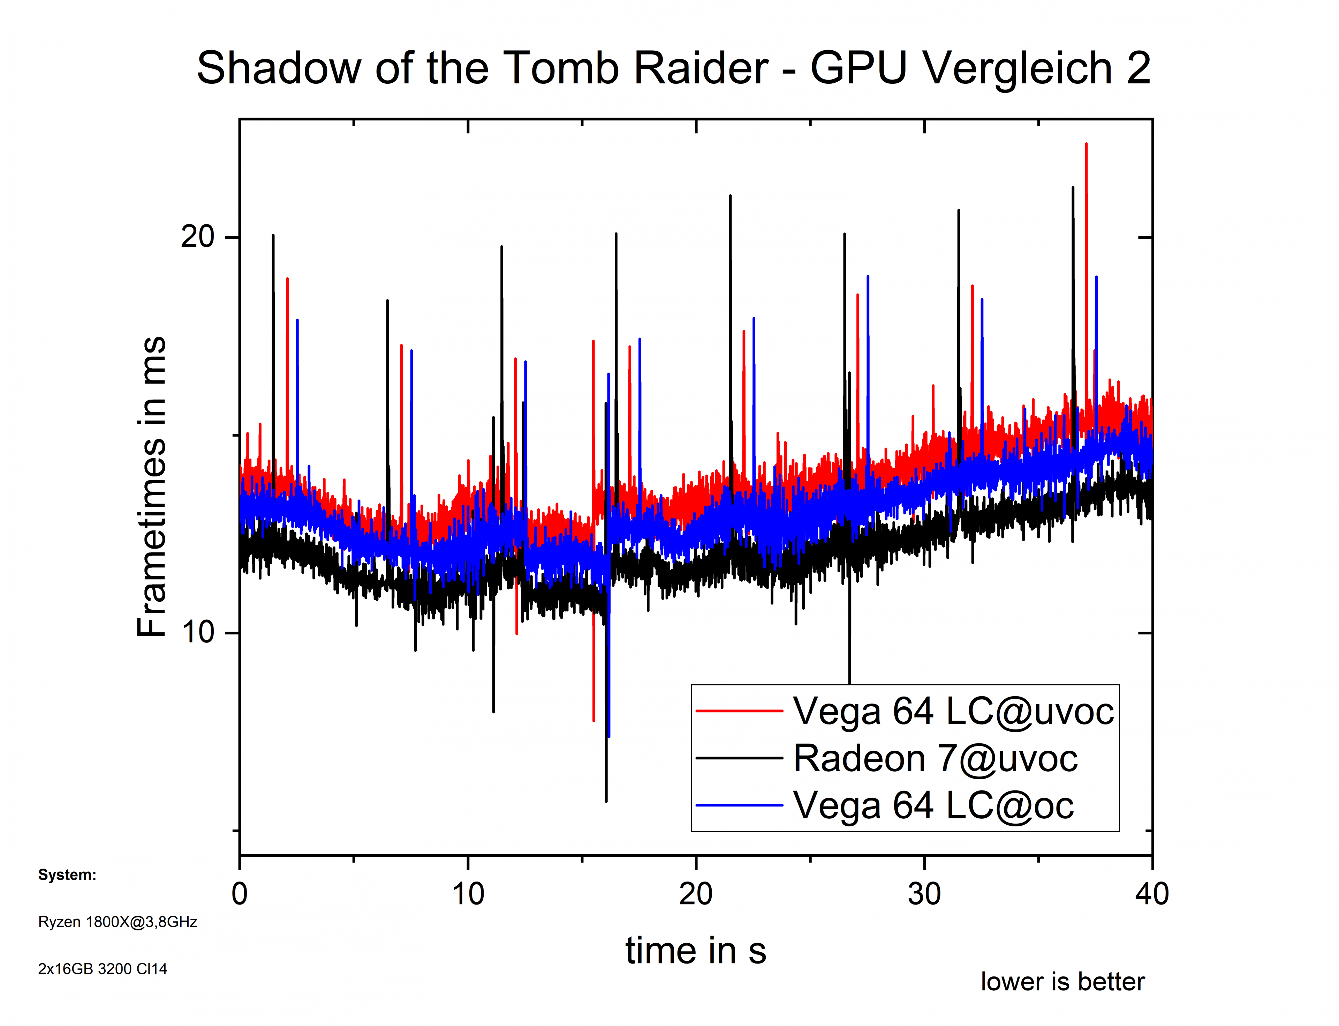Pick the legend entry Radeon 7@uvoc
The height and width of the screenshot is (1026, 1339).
pos(935,759)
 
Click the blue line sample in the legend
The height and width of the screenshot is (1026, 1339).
pos(739,805)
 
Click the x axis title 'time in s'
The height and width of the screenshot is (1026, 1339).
pos(696,951)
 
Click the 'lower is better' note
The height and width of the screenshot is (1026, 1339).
pos(1062,982)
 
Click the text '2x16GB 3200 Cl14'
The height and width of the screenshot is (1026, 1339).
pos(103,969)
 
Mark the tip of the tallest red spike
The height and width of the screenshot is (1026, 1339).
pos(1086,144)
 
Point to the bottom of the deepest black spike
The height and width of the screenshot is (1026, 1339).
pos(606,801)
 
